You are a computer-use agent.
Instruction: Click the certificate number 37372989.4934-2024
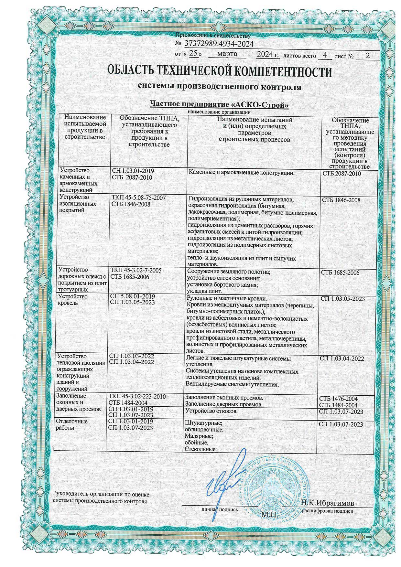pos(219,44)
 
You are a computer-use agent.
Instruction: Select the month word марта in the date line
pos(227,54)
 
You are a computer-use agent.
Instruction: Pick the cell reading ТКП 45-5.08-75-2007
pos(138,198)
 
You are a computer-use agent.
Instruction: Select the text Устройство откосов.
pos(211,411)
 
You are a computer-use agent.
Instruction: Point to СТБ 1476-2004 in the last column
pos(338,399)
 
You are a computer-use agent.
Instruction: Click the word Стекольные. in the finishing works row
pos(200,449)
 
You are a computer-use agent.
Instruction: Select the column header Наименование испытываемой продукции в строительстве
pos(85,127)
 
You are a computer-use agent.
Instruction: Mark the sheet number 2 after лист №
pos(367,56)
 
